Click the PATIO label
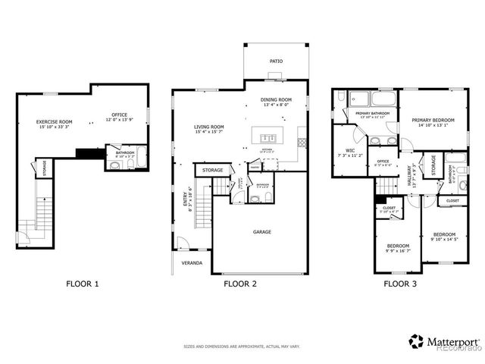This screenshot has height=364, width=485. pos(277,61)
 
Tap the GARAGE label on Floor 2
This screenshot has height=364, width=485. pos(262,232)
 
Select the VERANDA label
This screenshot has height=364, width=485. pos(191,264)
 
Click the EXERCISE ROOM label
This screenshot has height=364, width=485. pos(55,122)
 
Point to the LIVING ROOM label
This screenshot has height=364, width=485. pos(208,127)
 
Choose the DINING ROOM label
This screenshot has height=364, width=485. pos(276,100)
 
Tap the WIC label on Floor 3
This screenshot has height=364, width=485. pos(350,150)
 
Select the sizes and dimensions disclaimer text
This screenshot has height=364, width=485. pos(242,347)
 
